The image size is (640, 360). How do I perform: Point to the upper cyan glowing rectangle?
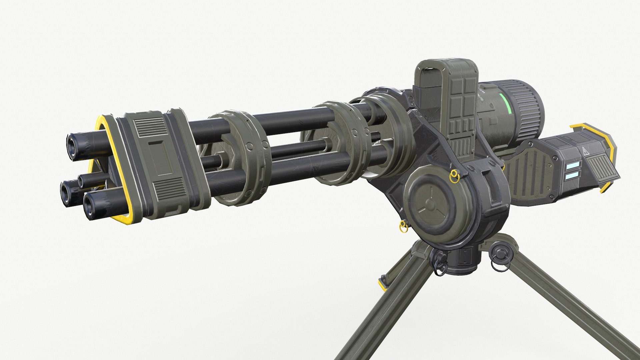click(574, 164)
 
